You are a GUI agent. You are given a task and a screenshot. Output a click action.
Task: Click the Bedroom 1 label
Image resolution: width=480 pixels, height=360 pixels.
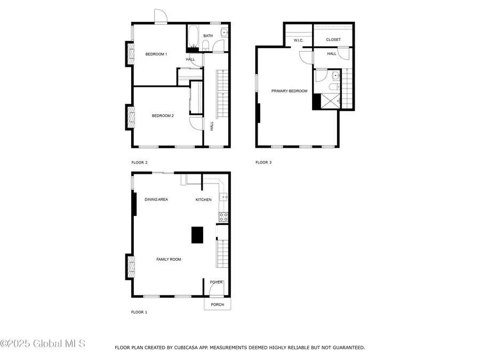point(156,54)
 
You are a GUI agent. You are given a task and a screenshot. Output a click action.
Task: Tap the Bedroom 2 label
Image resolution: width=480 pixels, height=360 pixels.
point(163,116)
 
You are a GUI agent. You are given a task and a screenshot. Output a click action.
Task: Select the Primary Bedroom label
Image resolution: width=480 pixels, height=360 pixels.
point(289,91)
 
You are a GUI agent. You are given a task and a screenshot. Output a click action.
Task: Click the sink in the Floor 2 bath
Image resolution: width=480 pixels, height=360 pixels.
point(225,32)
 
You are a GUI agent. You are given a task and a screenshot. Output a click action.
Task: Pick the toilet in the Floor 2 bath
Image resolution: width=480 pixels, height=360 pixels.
point(206,46)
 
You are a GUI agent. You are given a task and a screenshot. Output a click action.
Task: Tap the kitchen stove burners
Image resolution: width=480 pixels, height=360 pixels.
point(223,217)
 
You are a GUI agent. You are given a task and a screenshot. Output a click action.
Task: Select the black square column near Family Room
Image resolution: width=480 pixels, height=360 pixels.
point(197,235)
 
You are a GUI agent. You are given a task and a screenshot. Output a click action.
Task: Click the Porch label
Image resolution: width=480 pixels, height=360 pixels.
point(218,305)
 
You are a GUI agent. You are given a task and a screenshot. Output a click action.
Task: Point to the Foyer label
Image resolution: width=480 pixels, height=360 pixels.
point(216,282)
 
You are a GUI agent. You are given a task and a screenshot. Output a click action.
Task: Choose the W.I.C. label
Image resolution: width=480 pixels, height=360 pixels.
point(299,41)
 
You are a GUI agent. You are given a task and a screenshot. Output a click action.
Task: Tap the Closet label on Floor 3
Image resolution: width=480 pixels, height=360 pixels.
point(333,39)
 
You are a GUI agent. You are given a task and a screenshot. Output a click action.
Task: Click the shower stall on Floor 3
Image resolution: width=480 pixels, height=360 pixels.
point(330,101)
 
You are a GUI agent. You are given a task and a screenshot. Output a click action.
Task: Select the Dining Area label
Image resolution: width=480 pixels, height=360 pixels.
point(156,199)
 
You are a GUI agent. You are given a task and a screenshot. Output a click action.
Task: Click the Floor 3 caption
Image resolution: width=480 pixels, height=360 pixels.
point(263,162)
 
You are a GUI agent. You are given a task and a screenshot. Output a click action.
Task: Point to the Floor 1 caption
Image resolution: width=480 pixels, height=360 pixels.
point(139,312)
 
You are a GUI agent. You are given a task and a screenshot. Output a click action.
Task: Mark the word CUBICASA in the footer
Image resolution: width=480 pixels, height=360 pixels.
point(187,347)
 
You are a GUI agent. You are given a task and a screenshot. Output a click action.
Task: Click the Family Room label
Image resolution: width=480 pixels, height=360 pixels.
point(169,259)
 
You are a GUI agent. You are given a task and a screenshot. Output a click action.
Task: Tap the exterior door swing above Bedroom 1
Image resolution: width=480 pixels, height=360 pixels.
point(161,16)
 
